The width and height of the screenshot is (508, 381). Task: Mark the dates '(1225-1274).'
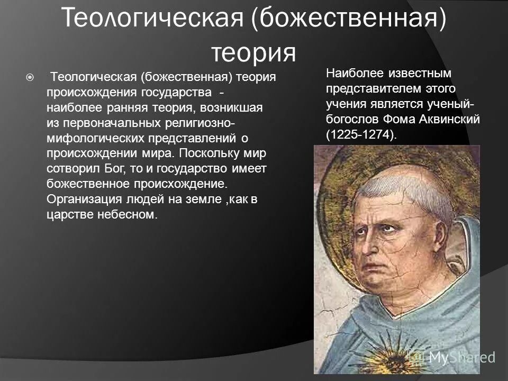(x=361, y=135)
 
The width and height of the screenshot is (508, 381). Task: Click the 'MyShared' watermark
(x=460, y=357)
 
